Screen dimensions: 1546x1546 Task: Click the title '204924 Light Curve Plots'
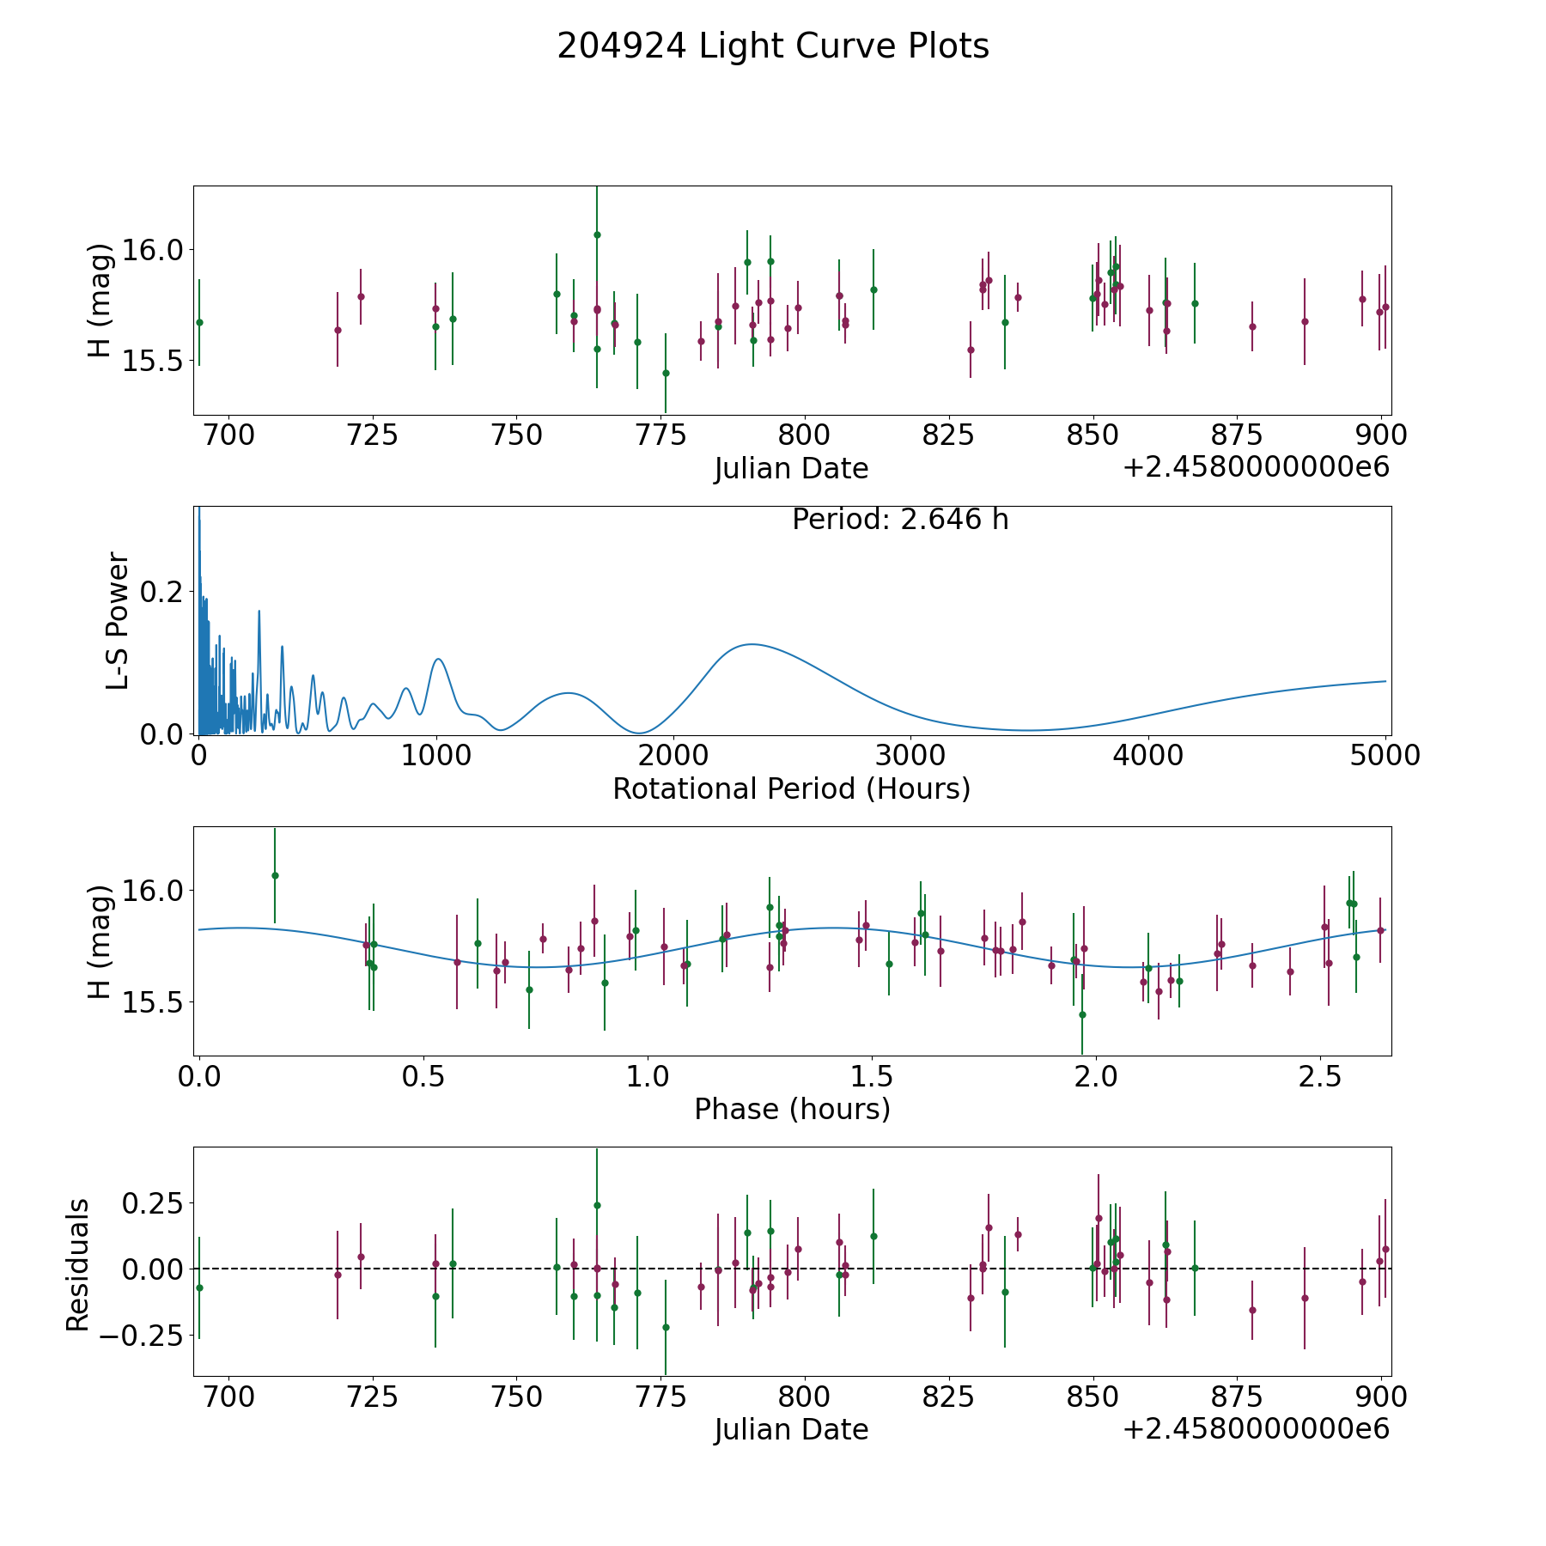click(773, 46)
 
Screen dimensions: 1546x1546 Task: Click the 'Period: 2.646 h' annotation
click(900, 520)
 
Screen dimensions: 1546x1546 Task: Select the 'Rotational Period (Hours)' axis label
click(791, 788)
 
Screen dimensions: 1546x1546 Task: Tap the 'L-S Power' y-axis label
click(118, 620)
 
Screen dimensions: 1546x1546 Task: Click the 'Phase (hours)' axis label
click(792, 1109)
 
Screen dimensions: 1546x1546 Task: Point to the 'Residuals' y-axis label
click(78, 1265)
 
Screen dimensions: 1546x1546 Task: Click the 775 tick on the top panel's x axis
click(660, 435)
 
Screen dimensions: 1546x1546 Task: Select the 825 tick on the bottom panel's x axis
click(948, 1397)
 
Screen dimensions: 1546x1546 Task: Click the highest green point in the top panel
click(597, 234)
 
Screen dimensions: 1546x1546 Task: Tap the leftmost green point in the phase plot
click(275, 875)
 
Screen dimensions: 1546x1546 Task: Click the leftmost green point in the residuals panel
click(199, 1287)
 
